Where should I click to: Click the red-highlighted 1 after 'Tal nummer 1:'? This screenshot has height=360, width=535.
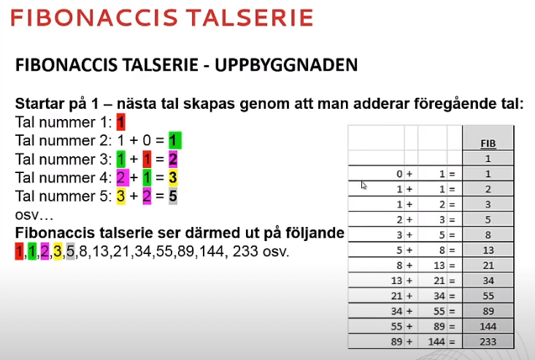[x=121, y=121]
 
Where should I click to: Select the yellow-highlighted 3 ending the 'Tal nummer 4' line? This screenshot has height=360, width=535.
[x=173, y=177]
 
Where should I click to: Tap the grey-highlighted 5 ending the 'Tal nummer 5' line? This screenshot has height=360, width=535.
[x=173, y=196]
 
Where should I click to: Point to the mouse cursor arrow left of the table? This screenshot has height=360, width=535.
[x=363, y=185]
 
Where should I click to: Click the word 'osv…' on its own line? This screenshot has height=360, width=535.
[x=31, y=215]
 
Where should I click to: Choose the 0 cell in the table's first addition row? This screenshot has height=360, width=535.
[x=398, y=173]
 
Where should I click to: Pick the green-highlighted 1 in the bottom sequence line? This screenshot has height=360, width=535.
[x=32, y=253]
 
